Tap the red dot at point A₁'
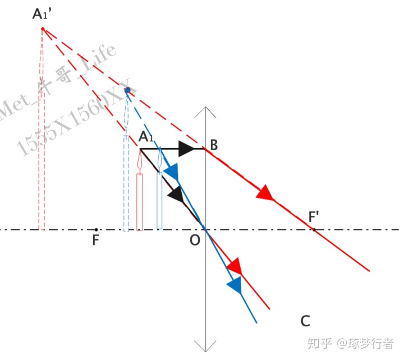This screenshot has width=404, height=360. (43, 29)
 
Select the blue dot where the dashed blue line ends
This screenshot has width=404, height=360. (127, 90)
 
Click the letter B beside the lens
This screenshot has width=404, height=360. (214, 145)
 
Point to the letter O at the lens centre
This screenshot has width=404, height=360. (194, 241)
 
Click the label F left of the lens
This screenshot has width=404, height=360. (95, 241)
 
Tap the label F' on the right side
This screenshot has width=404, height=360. (316, 216)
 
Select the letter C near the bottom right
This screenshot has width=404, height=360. (305, 321)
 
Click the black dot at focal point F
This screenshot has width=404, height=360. (97, 229)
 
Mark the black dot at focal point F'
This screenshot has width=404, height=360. (314, 229)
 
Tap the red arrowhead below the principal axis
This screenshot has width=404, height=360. (235, 265)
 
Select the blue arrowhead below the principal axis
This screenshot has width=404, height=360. (235, 285)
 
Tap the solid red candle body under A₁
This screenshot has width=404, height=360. (140, 202)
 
